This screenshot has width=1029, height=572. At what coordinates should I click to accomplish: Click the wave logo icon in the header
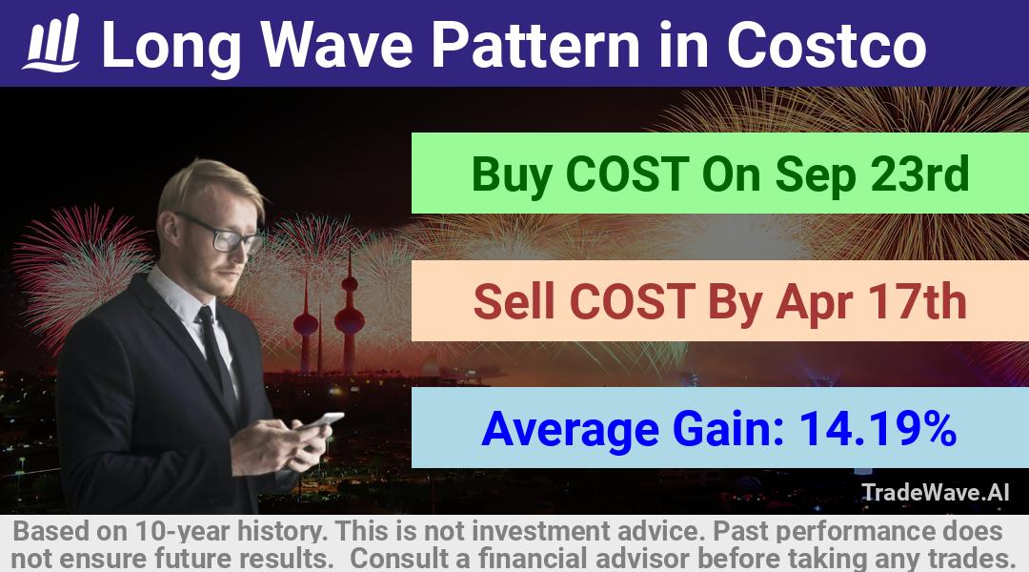point(51,43)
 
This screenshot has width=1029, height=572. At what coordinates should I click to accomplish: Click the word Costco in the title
point(826,45)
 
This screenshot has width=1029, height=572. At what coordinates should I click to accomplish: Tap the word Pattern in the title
point(535,45)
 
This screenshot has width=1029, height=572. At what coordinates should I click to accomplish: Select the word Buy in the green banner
point(512,174)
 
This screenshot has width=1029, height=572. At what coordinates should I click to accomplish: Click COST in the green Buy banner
point(627,174)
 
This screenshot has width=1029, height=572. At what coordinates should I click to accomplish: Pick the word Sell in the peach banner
point(515,301)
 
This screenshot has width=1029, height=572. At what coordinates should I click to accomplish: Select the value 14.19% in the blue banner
point(878,428)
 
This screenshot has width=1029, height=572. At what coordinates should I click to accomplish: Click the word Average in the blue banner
point(571,430)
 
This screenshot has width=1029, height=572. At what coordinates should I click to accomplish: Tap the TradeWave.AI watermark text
point(935,492)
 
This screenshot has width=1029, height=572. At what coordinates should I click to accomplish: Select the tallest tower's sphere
point(350,319)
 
